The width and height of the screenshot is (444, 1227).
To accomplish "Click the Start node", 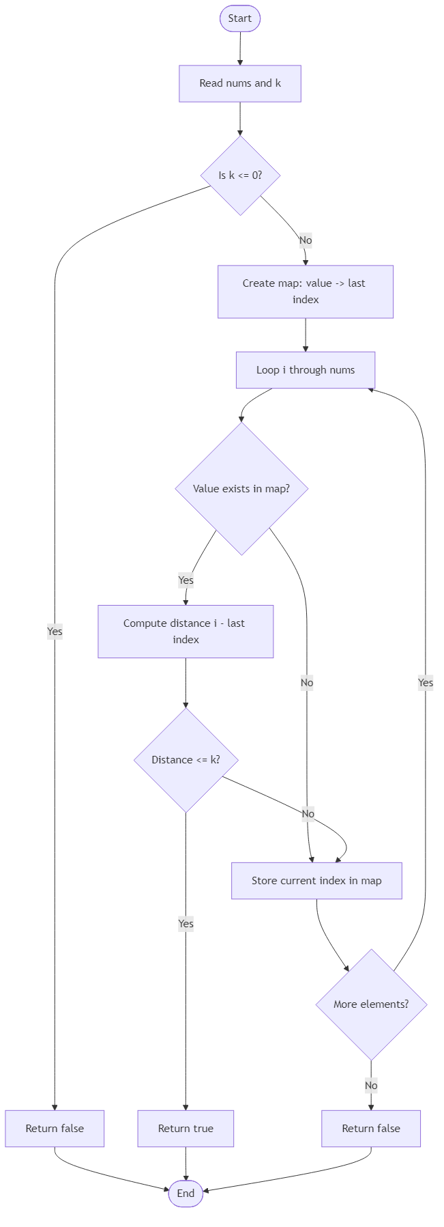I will (240, 18).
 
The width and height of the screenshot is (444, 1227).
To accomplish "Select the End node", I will (186, 1193).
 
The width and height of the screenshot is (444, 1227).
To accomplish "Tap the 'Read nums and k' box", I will (240, 83).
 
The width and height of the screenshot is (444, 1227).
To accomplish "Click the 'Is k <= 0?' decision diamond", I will (240, 175).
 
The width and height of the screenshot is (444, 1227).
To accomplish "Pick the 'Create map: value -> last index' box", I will (306, 292).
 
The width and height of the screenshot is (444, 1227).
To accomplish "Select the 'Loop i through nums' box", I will (306, 370).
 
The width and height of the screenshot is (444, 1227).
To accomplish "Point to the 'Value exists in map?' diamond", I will (241, 488).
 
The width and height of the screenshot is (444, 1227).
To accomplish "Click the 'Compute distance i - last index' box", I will (186, 631).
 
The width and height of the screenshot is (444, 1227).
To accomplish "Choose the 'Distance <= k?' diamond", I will (186, 760).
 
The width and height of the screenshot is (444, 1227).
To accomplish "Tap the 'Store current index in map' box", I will (316, 880).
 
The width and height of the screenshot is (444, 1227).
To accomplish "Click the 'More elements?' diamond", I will (371, 1004).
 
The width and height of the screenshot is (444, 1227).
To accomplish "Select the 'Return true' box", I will (186, 1128).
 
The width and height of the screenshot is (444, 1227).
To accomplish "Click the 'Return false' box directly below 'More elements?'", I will (371, 1128).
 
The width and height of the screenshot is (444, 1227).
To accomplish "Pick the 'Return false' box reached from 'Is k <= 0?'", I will (55, 1128).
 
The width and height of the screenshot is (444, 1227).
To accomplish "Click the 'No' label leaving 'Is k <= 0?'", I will (306, 240).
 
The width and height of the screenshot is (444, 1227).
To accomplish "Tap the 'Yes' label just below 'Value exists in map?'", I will (186, 580).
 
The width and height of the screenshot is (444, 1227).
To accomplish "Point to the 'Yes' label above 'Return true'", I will (186, 924).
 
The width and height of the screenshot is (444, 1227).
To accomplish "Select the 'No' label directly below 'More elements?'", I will (371, 1085).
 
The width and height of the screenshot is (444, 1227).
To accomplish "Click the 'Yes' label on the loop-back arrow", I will (426, 682).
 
